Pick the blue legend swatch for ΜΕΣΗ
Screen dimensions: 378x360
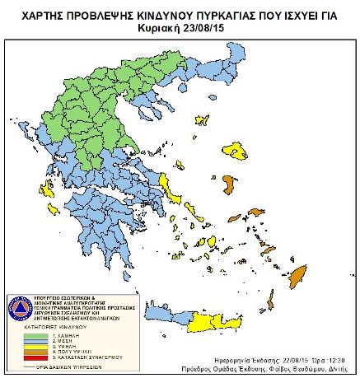click(30, 342)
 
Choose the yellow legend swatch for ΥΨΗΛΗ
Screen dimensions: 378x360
click(30, 348)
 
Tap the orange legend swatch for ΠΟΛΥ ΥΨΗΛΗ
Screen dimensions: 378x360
click(30, 355)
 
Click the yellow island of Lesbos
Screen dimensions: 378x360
click(238, 151)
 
